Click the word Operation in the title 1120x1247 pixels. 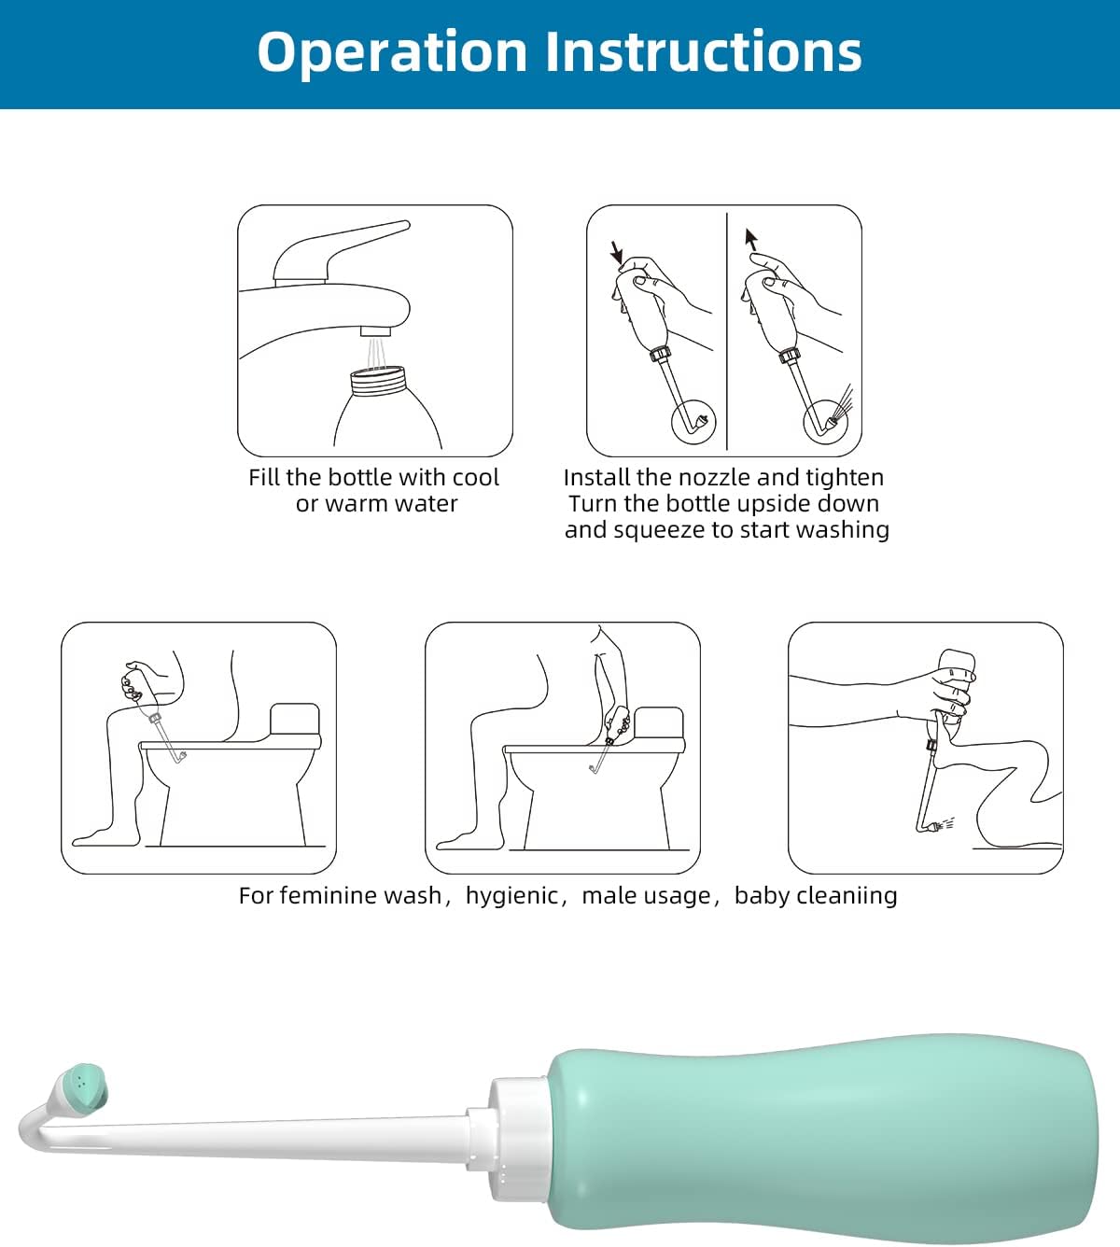393,52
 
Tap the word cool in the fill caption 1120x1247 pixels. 475,478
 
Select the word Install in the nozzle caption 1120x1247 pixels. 596,478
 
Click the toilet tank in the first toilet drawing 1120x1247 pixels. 295,720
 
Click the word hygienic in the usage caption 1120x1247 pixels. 511,896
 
